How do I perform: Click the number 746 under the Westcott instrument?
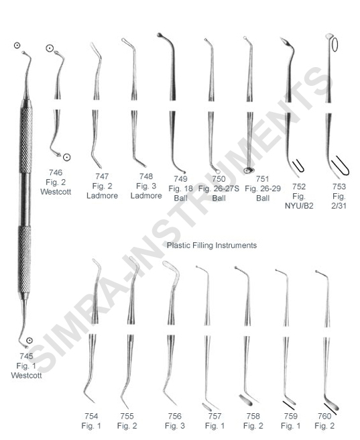(x=56, y=172)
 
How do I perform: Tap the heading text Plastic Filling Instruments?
(x=212, y=245)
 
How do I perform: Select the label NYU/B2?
(x=299, y=206)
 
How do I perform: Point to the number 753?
(x=339, y=186)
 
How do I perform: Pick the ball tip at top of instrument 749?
(x=160, y=36)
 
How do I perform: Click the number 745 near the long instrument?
(x=26, y=356)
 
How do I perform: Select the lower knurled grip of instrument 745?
(x=25, y=260)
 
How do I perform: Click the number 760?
(x=324, y=416)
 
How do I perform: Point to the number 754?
(x=91, y=416)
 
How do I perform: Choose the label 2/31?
(x=339, y=206)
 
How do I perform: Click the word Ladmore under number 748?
(x=146, y=196)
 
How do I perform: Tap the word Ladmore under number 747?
(x=102, y=196)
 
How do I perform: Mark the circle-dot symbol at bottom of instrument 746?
(x=67, y=157)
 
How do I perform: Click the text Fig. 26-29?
(x=263, y=188)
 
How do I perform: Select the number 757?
(x=215, y=416)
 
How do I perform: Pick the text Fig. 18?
(x=180, y=188)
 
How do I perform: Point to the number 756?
(x=175, y=416)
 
